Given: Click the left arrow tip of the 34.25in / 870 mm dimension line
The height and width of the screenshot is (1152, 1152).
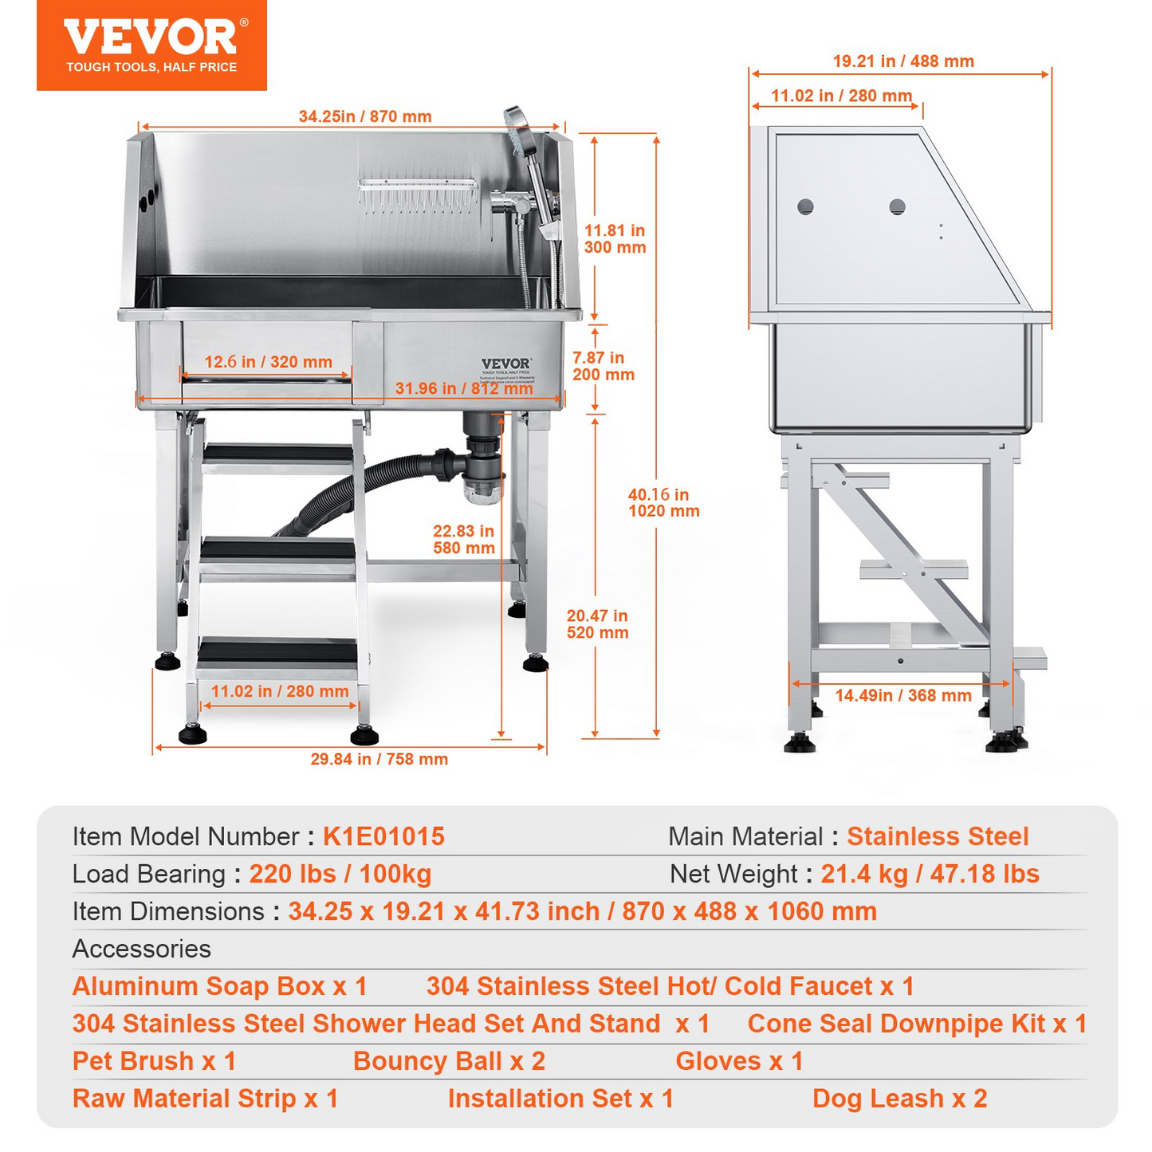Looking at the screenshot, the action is tap(140, 127).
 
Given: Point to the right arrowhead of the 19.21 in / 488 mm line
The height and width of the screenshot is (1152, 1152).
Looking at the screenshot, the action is tap(1048, 74).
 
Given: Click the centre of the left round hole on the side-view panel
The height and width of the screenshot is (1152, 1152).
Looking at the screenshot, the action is tap(804, 206).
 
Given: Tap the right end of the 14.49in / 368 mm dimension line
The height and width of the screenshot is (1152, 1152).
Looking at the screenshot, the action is tap(1010, 683).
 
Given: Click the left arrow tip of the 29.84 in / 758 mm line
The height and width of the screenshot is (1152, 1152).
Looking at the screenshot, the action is tap(154, 747).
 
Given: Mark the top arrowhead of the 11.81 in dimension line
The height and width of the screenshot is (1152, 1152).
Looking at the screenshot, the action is tap(594, 137).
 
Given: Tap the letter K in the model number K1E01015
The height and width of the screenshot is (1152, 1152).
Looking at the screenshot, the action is tap(331, 836).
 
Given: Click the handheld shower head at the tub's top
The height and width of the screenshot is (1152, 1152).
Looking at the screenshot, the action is tap(517, 130).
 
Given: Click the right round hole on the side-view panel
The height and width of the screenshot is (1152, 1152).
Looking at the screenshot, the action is tap(897, 206).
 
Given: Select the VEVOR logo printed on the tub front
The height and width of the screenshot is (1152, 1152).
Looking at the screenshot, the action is tap(505, 364).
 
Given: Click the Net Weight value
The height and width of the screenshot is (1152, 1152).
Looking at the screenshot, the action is tap(930, 874).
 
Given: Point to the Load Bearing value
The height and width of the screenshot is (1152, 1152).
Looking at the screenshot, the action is tap(340, 874).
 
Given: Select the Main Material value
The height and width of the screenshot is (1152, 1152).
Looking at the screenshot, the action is tap(938, 836).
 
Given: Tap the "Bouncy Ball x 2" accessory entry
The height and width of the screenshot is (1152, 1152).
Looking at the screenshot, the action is tap(449, 1061).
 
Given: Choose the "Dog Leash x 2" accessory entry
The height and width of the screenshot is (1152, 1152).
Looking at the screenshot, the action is tap(899, 1099).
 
